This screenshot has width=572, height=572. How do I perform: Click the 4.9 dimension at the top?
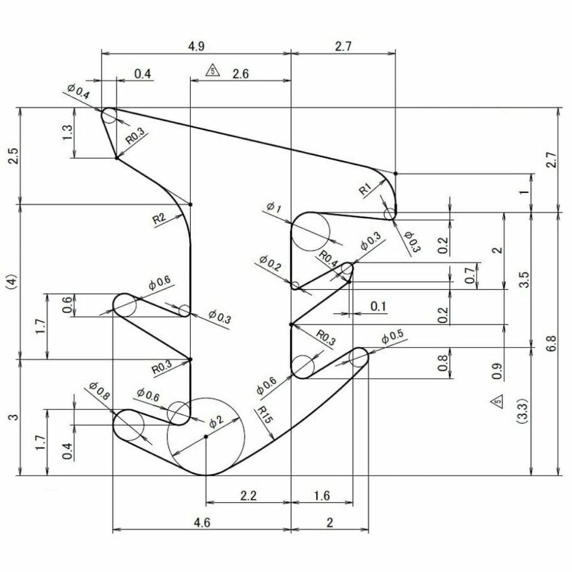pyautogui.click(x=196, y=46)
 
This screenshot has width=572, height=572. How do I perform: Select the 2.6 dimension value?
pyautogui.click(x=240, y=74)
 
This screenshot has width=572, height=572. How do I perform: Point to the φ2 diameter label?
pyautogui.click(x=216, y=422)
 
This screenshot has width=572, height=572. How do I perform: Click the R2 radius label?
pyautogui.click(x=159, y=219)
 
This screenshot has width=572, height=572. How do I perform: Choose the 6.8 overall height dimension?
pyautogui.click(x=551, y=343)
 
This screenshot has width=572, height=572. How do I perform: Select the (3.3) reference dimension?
pyautogui.click(x=522, y=410)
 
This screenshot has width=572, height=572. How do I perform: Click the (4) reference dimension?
pyautogui.click(x=12, y=281)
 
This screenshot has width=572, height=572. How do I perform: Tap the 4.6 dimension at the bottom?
pyautogui.click(x=202, y=523)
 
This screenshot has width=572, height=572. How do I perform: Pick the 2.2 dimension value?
pyautogui.click(x=248, y=495)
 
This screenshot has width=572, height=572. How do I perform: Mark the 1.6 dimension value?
pyautogui.click(x=322, y=495)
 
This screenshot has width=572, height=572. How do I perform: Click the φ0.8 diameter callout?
pyautogui.click(x=99, y=391)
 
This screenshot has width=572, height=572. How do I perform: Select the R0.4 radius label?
pyautogui.click(x=329, y=258)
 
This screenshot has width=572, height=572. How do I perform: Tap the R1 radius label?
pyautogui.click(x=365, y=189)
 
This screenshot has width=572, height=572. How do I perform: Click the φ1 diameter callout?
pyautogui.click(x=274, y=207)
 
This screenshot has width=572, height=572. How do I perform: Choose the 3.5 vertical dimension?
pyautogui.click(x=524, y=280)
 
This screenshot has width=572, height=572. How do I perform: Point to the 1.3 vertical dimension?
pyautogui.click(x=68, y=132)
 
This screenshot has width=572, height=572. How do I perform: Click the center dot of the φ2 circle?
pyautogui.click(x=205, y=436)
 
